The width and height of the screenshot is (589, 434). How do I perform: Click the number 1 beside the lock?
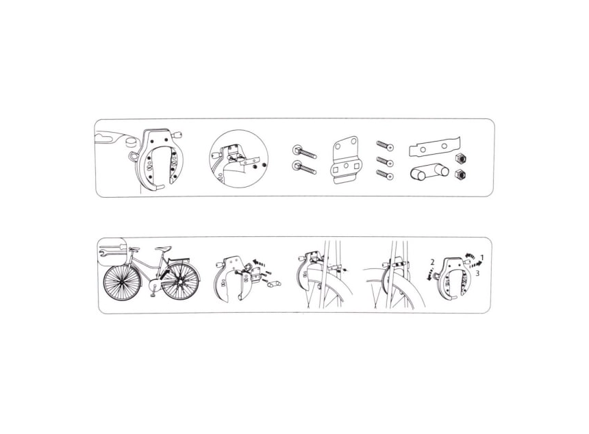pyautogui.click(x=483, y=257)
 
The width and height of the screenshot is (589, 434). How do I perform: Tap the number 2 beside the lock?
pyautogui.click(x=433, y=262)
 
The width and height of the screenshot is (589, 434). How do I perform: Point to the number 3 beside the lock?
pyautogui.click(x=477, y=273)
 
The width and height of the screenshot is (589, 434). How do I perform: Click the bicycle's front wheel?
pyautogui.click(x=122, y=282)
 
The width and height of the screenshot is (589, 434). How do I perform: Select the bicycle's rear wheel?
pyautogui.click(x=180, y=281)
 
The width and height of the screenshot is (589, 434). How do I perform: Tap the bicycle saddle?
pyautogui.click(x=163, y=248)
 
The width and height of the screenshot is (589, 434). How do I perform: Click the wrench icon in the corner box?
pyautogui.click(x=111, y=251)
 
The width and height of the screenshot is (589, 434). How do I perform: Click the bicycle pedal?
pyautogui.click(x=153, y=295)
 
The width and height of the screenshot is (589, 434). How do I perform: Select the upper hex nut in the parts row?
pyautogui.click(x=458, y=159)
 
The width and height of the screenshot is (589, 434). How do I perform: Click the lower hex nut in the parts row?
pyautogui.click(x=458, y=175)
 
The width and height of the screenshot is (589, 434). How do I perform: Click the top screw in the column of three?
pyautogui.click(x=385, y=145)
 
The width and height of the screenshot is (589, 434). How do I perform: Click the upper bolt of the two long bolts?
pyautogui.click(x=304, y=152)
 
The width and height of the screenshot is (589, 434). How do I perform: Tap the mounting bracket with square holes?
pyautogui.click(x=346, y=160)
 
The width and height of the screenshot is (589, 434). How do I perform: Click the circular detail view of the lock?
pyautogui.click(x=239, y=158)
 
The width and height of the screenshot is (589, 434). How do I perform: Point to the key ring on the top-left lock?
pyautogui.click(x=134, y=156)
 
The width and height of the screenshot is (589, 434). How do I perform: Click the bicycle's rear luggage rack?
pyautogui.click(x=179, y=259)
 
